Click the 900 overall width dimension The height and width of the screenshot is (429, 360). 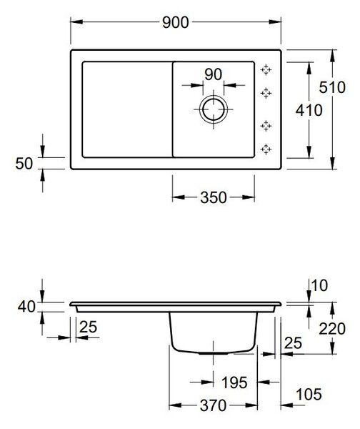pos(175,22)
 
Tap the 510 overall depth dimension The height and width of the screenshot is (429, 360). pos(332,87)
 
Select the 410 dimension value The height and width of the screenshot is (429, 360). pos(309,110)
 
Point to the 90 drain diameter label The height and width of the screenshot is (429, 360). pos(213,74)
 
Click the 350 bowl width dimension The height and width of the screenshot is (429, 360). pos(214,197)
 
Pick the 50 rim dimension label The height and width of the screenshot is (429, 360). pos(24,164)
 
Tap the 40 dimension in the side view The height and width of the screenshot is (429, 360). pos(26,307)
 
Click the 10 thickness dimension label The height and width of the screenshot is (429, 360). pos(319,285)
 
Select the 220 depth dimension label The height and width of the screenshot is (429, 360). pos(332,329)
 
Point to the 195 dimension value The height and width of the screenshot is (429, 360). pos(234,383)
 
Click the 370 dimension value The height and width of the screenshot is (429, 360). pos(213,405)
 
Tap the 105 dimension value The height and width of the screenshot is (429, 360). pos(309,394)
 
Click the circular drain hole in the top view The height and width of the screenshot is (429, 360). pos(214,109)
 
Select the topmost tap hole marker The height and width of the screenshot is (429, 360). pos(266,70)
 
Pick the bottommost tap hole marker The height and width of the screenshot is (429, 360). pos(266,149)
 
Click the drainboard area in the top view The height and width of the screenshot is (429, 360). pos(127,109)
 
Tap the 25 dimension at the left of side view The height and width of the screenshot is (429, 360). pos(89,327)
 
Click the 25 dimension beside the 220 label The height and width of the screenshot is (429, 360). pos(293,342)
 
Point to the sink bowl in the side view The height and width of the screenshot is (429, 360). pos(213,332)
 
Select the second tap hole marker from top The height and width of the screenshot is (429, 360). pos(266,93)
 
